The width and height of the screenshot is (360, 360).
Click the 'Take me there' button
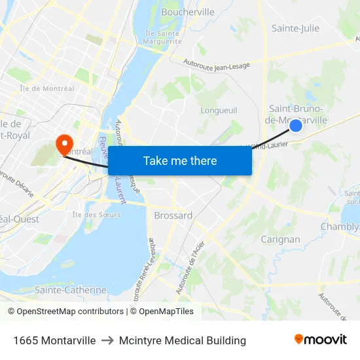tap(180, 161)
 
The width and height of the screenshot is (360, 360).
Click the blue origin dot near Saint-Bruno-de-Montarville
tap(296, 125)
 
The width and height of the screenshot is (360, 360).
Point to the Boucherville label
tap(188, 12)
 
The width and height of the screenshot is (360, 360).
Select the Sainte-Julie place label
tap(295, 28)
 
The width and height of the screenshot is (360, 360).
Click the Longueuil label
tap(217, 111)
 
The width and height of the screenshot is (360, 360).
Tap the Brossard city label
tap(173, 215)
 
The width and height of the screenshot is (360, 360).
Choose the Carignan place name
tap(280, 240)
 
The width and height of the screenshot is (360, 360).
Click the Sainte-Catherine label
tap(70, 290)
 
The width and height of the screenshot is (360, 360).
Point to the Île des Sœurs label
tap(92, 214)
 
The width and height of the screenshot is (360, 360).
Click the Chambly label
tap(340, 227)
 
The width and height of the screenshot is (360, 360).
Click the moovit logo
tap(321, 340)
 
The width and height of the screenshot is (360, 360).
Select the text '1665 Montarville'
tap(54, 340)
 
